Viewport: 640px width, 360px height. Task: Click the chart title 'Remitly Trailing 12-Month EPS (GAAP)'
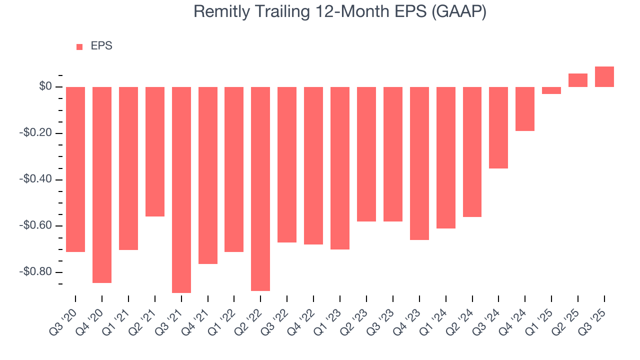(x=340, y=12)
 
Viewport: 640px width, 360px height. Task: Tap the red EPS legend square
(x=79, y=47)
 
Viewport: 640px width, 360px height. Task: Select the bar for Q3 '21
(x=181, y=189)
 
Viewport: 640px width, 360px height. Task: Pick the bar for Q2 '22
(x=260, y=188)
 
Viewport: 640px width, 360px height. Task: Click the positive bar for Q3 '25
(x=604, y=77)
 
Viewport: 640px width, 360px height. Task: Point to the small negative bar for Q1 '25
(x=551, y=90)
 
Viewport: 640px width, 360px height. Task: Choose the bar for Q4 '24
(x=525, y=109)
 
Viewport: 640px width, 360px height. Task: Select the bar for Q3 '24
(x=498, y=127)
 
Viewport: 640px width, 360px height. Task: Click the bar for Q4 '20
(x=102, y=184)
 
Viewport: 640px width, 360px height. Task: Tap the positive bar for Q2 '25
(x=578, y=80)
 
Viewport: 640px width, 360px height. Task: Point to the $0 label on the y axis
(x=45, y=87)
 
